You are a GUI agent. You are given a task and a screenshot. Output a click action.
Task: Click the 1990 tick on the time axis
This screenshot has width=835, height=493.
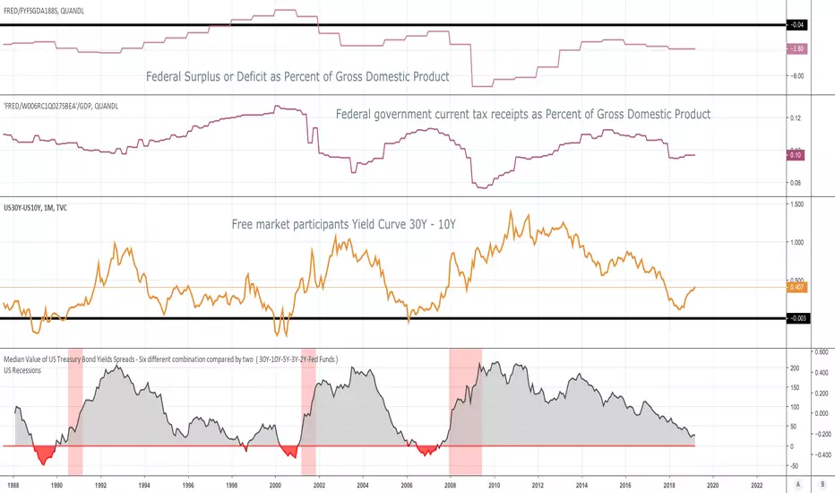(x=56, y=485)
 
